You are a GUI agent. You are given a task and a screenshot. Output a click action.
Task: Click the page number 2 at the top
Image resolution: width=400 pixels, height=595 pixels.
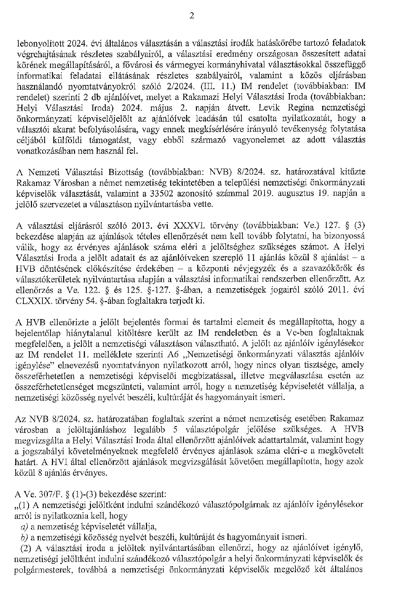point(192,16)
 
